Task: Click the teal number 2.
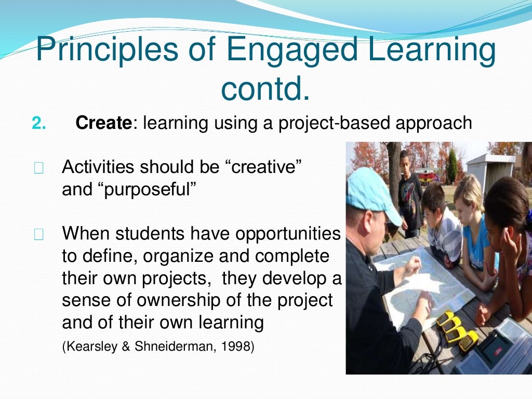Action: (39, 123)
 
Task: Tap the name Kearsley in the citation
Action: (87, 347)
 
